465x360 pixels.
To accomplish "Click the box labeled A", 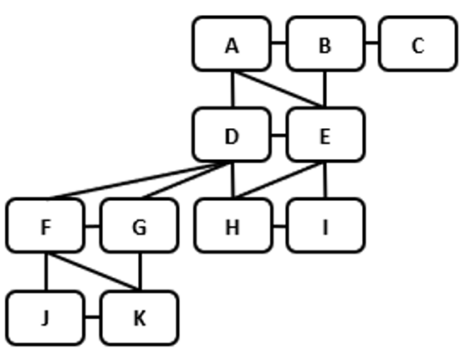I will click(232, 44).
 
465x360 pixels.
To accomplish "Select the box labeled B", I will click(325, 44).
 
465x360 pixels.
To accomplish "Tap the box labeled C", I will click(417, 44).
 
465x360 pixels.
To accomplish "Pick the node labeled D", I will click(232, 135).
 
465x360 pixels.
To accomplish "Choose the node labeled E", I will click(325, 135).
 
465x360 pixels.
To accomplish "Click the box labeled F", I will click(45, 226).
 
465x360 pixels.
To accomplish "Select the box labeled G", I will click(139, 226).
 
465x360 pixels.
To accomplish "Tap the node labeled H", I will click(232, 226).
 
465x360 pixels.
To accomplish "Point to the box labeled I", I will click(325, 226).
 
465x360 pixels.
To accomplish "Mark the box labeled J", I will click(45, 318).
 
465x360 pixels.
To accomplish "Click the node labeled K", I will click(139, 318).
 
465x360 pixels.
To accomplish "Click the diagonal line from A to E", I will click(278, 90).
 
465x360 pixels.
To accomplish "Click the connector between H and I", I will click(278, 226).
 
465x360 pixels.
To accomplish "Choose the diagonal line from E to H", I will click(278, 181).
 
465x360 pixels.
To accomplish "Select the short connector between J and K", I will click(92, 318).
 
